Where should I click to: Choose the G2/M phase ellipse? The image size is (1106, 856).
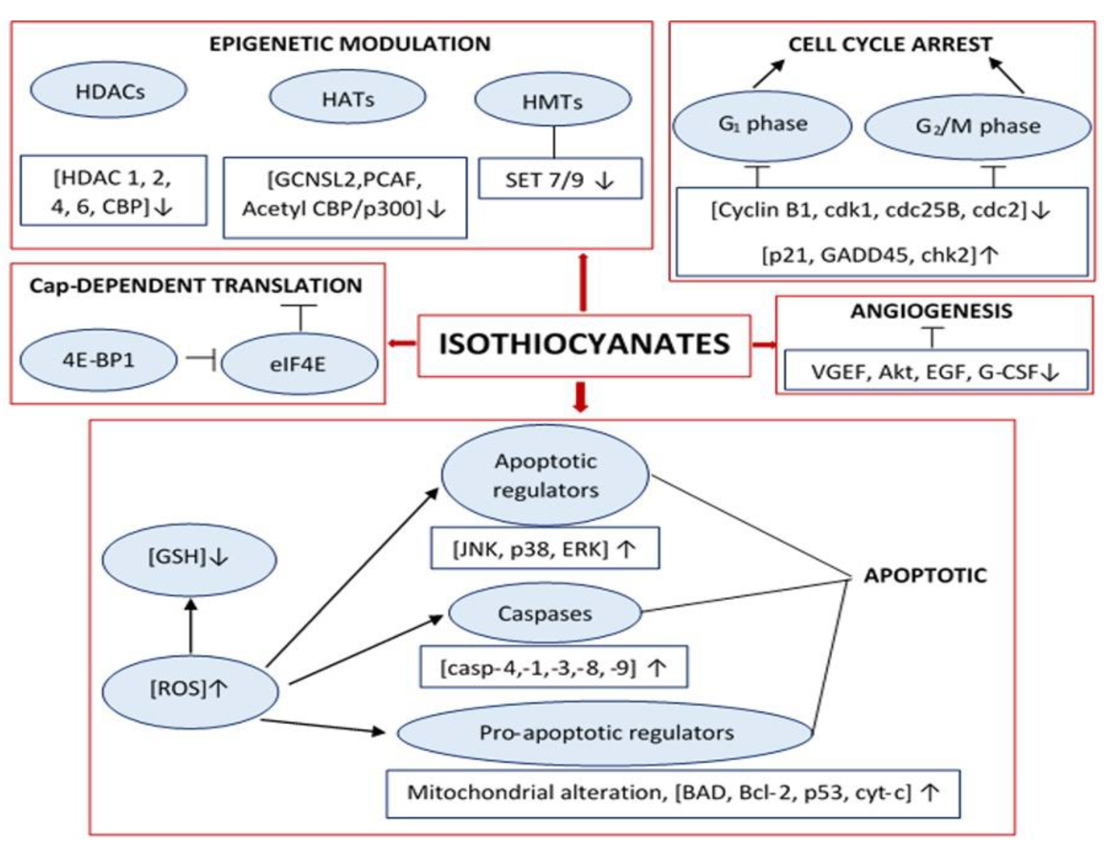pyautogui.click(x=977, y=127)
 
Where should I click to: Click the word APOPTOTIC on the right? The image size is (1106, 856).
pyautogui.click(x=925, y=575)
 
